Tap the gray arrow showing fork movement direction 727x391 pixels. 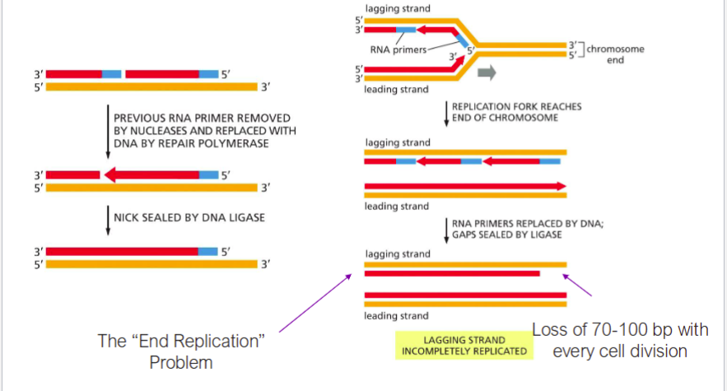[x=487, y=73]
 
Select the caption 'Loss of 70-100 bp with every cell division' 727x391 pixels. [x=619, y=341]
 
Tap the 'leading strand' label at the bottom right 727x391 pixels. [x=397, y=316]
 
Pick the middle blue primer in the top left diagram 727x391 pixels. [x=112, y=74]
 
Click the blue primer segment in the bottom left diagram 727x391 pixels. [x=209, y=251]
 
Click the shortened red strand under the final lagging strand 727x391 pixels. [x=452, y=272]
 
